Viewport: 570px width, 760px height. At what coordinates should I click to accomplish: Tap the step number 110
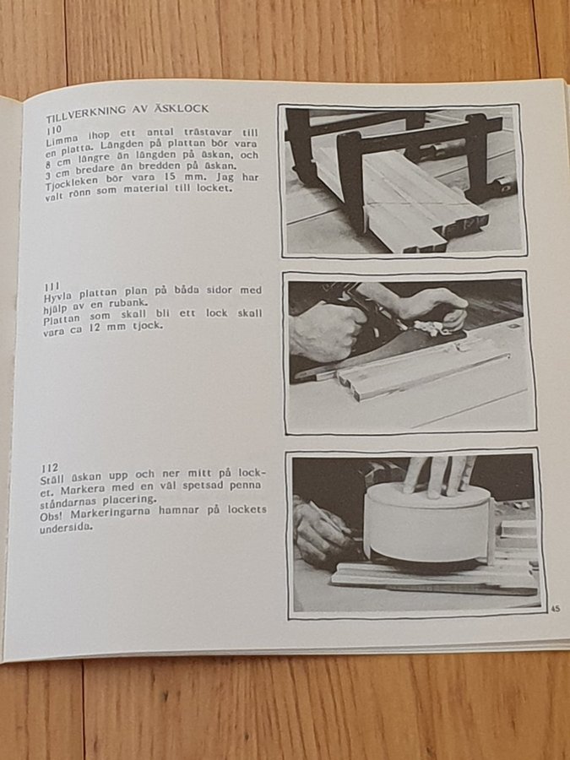pos(54,130)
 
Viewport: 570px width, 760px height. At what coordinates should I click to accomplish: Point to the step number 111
pos(52,286)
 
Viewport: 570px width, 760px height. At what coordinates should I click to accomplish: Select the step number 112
pos(50,468)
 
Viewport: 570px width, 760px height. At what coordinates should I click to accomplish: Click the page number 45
pos(556,608)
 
